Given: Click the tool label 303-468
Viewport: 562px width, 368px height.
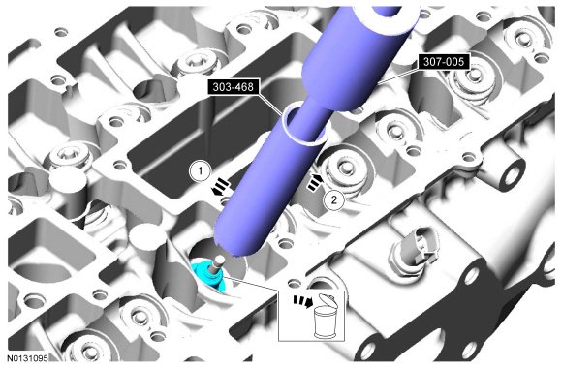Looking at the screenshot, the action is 233,87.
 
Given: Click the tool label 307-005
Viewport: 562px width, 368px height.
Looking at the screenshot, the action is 444,62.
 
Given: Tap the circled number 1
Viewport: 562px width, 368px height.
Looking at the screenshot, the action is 201,170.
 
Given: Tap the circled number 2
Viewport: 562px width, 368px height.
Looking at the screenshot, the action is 333,199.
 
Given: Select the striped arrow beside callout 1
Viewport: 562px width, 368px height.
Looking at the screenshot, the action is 220,188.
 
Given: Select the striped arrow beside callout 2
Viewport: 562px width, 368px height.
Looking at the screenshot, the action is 315,182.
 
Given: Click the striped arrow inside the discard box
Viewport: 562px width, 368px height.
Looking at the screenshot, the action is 303,301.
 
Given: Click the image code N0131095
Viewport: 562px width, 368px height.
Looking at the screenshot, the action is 27,358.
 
